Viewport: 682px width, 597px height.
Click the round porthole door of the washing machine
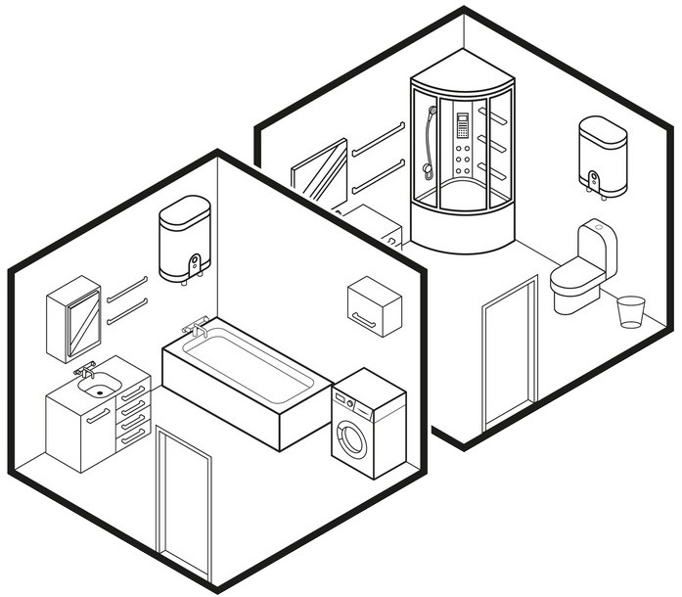point(351,440)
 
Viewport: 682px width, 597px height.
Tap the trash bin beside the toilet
point(631,311)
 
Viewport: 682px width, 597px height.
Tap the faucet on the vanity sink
point(86,369)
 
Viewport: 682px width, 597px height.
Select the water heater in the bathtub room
point(185,238)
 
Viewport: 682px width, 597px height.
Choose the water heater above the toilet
point(603,154)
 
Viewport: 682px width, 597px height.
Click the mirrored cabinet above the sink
point(74,318)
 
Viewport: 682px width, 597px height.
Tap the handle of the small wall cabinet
point(365,317)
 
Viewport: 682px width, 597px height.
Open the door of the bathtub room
point(184,501)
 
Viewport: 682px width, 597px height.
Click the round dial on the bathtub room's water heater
point(195,263)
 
